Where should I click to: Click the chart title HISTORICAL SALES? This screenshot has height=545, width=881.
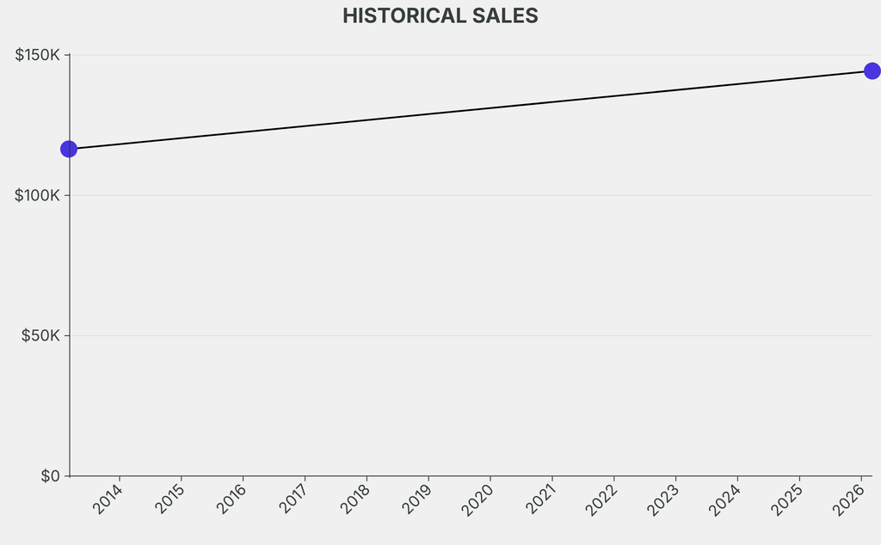(440, 16)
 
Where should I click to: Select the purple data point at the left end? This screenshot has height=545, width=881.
(69, 149)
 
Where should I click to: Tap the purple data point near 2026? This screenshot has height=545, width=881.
(872, 70)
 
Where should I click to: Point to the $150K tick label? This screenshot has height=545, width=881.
(38, 55)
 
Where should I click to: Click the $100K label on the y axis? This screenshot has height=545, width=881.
(38, 195)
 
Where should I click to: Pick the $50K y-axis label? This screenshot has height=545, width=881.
(40, 335)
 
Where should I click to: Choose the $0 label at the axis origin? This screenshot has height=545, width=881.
(51, 476)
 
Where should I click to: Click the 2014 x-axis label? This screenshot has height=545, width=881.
(108, 499)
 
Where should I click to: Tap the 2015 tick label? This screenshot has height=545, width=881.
(170, 499)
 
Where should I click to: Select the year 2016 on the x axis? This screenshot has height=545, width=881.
(232, 499)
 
